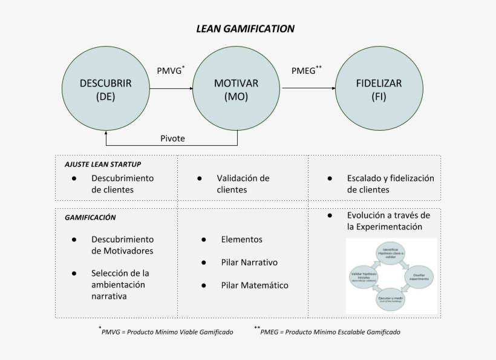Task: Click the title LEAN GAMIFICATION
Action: (246, 28)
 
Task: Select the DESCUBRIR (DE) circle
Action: (106, 89)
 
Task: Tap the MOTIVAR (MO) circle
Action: (237, 89)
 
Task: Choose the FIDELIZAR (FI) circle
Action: (379, 89)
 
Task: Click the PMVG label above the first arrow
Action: (171, 70)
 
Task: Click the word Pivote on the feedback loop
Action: (172, 138)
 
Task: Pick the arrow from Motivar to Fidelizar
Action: (308, 88)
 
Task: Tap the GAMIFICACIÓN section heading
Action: (90, 217)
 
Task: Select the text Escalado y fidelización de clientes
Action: (390, 183)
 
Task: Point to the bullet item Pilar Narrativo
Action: (249, 262)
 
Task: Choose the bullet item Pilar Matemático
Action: (255, 285)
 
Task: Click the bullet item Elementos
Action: (242, 239)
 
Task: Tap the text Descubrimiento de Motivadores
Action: (122, 245)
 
